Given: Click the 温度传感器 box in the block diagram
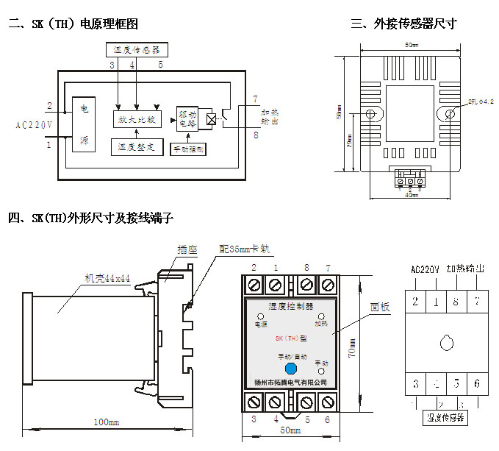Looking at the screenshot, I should (x=137, y=51).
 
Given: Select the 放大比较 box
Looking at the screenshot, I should (x=137, y=118).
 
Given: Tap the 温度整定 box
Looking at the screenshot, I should (x=137, y=147).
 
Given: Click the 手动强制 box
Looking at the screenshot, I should (x=188, y=148).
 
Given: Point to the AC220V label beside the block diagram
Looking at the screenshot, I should (x=34, y=126).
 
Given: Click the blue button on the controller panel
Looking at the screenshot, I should (x=290, y=367).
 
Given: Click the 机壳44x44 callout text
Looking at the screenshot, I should (x=107, y=278).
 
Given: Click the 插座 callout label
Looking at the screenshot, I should (x=188, y=250).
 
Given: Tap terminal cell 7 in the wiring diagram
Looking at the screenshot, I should (x=477, y=301).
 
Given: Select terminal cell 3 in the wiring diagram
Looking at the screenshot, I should (x=416, y=383).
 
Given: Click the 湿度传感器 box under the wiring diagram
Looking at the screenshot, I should (x=446, y=417).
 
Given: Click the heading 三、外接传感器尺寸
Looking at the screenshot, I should (x=403, y=24).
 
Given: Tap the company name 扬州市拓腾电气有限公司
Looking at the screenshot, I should (x=290, y=382).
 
